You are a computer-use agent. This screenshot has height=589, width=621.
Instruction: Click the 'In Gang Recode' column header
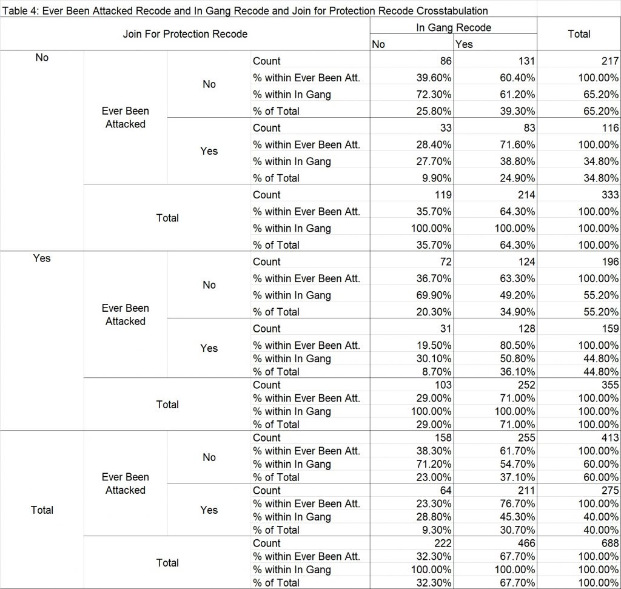(454, 27)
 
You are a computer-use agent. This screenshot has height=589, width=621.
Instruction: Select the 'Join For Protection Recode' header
(185, 34)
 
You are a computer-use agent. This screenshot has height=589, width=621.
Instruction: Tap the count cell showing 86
(446, 61)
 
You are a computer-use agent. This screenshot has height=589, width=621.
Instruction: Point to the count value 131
(526, 61)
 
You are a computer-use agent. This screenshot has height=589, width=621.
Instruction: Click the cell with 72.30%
(434, 94)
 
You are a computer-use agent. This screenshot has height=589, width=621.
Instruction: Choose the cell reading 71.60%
(517, 144)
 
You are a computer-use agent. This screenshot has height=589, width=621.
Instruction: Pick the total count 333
(610, 195)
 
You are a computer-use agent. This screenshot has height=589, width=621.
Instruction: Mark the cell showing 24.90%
(517, 178)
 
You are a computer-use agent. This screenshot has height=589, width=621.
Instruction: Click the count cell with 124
(526, 262)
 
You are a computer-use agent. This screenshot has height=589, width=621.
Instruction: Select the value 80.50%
(517, 345)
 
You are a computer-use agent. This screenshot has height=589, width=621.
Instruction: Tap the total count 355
(610, 385)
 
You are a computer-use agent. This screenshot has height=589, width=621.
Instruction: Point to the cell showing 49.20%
(517, 295)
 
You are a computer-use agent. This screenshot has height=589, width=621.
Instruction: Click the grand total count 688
(610, 543)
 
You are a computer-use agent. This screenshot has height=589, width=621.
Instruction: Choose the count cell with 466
(526, 543)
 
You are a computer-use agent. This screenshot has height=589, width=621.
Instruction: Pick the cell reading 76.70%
(517, 503)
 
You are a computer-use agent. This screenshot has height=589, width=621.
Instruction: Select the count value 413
(610, 438)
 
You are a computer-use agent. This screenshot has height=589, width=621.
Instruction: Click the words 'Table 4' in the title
(20, 11)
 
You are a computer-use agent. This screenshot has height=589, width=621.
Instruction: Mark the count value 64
(446, 490)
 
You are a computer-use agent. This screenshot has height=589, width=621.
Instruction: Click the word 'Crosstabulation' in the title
(452, 11)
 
